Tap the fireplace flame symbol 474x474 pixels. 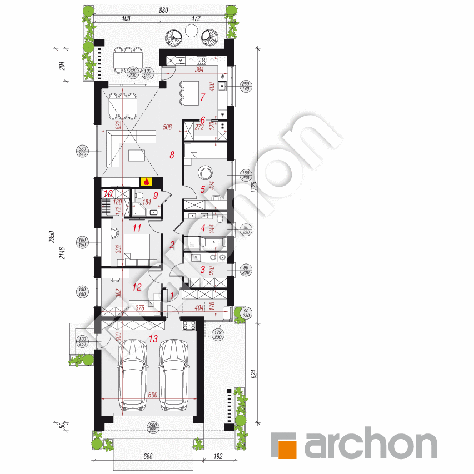(147, 181)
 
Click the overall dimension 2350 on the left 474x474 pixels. (51, 237)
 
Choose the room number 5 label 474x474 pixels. (203, 189)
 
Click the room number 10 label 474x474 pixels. (108, 194)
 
